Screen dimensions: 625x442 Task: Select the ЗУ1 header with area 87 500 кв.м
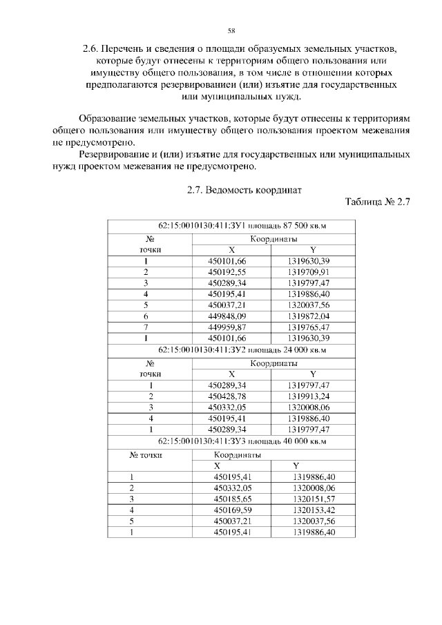(231, 227)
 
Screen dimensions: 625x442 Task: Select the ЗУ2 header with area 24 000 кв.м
(231, 350)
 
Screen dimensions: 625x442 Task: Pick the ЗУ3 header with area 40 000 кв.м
(231, 441)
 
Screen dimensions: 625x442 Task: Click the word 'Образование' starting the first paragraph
(110, 118)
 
